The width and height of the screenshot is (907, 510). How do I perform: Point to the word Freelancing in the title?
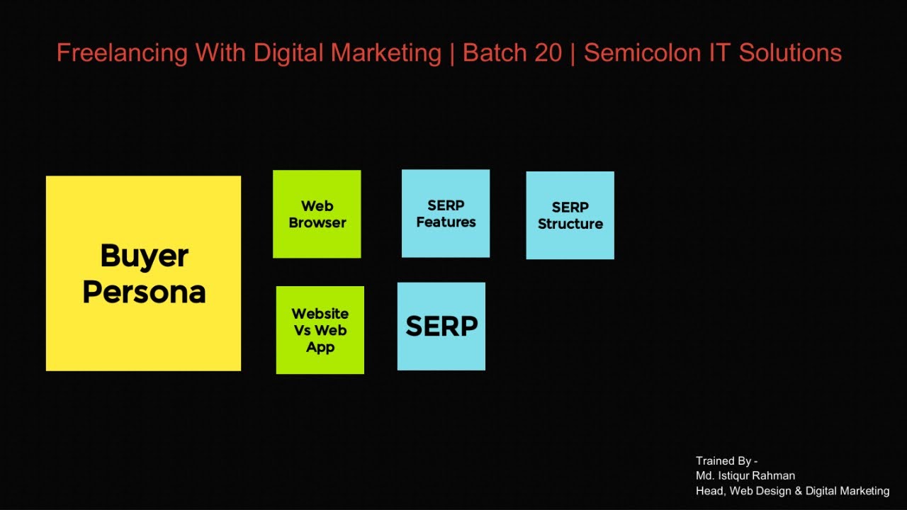coord(121,53)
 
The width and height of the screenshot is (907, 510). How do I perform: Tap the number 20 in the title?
coord(548,53)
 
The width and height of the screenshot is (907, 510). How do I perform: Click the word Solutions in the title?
coord(790,53)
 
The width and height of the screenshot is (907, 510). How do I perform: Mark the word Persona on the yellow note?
coord(144,292)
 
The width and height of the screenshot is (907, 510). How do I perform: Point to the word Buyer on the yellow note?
coord(144,256)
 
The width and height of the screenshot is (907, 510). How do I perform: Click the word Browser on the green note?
coord(317,222)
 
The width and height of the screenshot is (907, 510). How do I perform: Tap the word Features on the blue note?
coord(446,222)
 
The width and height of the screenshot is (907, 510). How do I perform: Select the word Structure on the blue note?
coord(570,224)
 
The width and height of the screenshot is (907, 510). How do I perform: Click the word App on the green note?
coord(320,347)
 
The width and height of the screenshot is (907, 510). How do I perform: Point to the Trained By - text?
coord(726,461)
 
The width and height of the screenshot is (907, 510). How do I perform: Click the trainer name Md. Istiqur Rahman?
coord(745,476)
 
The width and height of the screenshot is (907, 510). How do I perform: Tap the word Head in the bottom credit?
coord(710,491)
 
